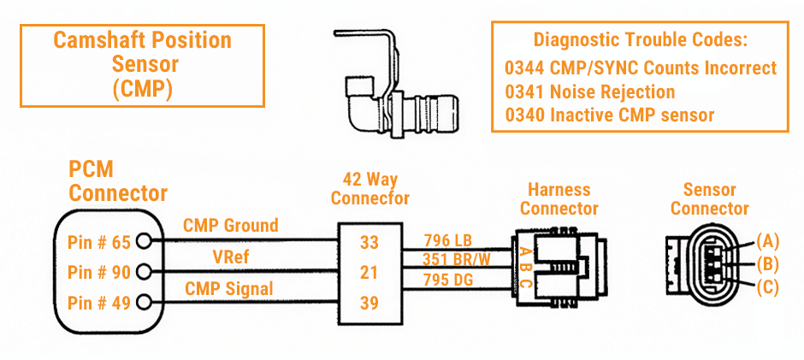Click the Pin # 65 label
[98, 243]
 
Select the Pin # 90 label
[98, 273]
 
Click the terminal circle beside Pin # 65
[144, 243]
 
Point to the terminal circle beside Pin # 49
[144, 302]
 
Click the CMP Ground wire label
[230, 226]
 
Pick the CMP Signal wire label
[229, 289]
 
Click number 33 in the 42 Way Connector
[369, 243]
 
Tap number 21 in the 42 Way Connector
[369, 273]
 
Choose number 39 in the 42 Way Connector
[369, 302]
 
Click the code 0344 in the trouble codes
[523, 68]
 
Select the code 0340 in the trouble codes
[523, 114]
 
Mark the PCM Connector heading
[118, 180]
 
